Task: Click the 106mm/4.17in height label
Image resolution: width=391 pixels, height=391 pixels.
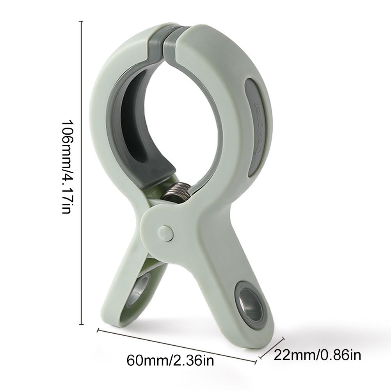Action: [67, 167]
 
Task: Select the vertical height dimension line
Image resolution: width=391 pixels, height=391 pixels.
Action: [81, 85]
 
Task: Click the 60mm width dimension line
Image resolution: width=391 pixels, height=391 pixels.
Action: [177, 345]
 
